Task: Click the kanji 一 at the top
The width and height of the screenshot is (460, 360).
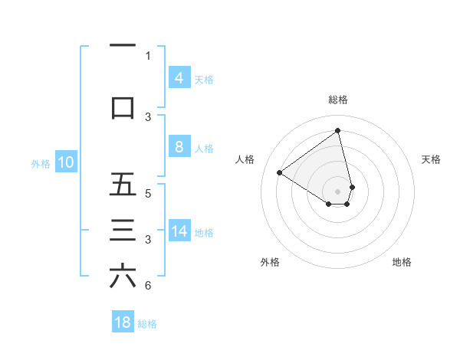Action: [123, 45]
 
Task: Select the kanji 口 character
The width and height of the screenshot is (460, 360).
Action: [123, 106]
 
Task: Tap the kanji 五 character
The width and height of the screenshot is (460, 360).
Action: [123, 184]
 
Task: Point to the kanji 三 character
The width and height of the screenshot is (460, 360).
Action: [123, 231]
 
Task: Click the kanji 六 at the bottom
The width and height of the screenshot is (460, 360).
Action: [123, 277]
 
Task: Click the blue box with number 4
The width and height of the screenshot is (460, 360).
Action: [179, 77]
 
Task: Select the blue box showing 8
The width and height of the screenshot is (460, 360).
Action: [179, 147]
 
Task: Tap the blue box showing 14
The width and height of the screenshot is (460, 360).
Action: [179, 232]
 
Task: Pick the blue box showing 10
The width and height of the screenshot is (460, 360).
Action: [66, 162]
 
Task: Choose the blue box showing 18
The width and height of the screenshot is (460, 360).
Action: [123, 322]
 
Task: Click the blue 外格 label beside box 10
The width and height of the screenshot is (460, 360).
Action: [41, 163]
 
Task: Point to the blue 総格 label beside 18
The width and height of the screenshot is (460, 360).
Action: [147, 324]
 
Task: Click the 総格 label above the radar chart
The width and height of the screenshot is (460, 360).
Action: [337, 100]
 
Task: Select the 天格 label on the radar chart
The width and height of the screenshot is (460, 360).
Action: [432, 159]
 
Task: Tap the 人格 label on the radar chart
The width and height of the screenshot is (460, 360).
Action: [245, 159]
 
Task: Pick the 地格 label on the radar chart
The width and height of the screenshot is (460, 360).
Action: [402, 262]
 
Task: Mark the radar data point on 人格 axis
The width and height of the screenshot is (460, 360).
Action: [280, 172]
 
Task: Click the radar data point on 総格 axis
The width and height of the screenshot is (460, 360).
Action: [337, 130]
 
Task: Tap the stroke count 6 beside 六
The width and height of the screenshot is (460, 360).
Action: [148, 286]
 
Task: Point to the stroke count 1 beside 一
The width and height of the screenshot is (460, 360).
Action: [148, 55]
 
